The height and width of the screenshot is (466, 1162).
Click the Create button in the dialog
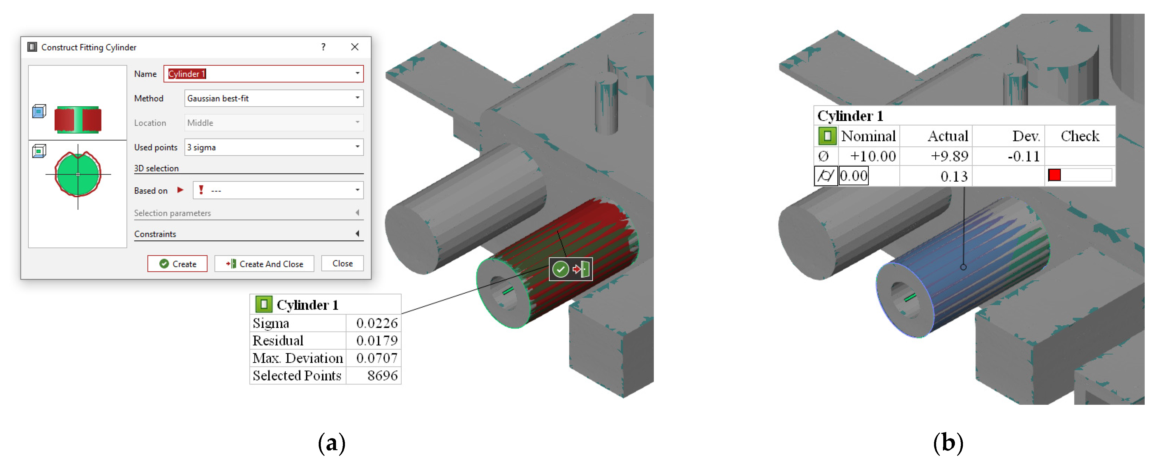177,264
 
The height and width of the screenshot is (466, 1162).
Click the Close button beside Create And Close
342,263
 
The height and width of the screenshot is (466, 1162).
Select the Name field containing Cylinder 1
263,73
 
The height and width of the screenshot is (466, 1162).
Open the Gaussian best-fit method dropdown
274,98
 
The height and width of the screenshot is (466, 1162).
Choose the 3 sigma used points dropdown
274,147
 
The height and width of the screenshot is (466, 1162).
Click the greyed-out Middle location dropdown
274,122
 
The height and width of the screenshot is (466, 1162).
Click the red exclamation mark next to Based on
201,190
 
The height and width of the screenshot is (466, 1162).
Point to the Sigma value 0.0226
377,323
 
